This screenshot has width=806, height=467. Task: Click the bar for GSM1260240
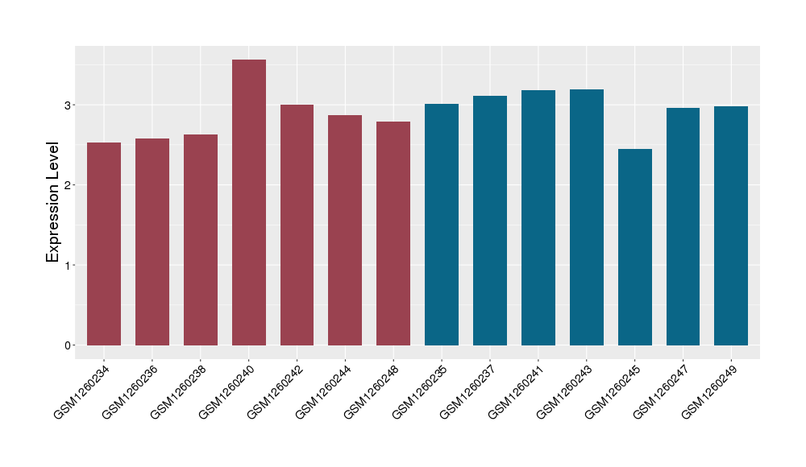point(249,202)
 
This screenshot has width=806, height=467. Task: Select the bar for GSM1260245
point(634,247)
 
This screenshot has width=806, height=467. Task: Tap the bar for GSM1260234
point(104,244)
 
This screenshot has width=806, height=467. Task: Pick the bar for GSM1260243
point(587,217)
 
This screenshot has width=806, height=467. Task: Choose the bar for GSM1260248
point(393,233)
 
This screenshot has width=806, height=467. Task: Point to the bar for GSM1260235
point(442,225)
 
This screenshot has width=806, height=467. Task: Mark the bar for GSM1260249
point(731,225)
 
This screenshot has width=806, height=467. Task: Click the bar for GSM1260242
point(297,225)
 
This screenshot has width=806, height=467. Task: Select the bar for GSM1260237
point(490,221)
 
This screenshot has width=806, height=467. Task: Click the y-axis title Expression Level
point(53,202)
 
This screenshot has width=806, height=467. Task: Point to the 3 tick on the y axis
point(69,105)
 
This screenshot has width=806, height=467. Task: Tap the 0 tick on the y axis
point(69,345)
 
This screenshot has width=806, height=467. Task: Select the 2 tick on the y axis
point(69,185)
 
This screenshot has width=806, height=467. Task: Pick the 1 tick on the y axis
point(69,265)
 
